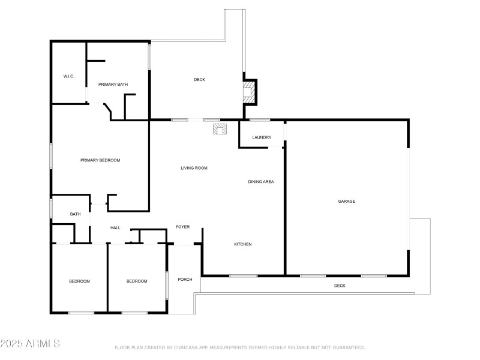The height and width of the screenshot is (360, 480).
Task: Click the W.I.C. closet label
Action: coord(68,76)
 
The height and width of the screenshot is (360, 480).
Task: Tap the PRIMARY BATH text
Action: coord(113,85)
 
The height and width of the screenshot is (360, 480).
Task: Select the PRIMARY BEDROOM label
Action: coord(100,160)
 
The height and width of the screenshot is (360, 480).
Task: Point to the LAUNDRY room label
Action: coord(262,137)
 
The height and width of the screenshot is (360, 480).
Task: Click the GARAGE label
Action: coord(346,201)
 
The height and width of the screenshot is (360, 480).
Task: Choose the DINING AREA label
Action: coord(261,181)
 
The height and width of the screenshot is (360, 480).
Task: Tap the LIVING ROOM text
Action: coord(194,168)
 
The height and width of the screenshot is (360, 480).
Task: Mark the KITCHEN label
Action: coord(242,244)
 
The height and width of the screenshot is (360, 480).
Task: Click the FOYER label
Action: coord(182,227)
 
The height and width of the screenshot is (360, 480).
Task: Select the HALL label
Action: coord(115,228)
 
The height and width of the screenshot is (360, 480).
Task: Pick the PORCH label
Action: coord(185,280)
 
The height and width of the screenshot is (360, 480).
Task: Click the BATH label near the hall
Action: coord(75,214)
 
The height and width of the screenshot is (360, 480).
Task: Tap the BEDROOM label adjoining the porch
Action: coord(137,281)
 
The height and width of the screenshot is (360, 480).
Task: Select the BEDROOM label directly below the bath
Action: coord(79,281)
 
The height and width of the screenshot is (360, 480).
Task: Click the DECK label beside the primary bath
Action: coord(199,80)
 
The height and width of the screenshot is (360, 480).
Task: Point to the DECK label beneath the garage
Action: coord(340,286)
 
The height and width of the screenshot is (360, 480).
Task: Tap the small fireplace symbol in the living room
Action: coord(219,128)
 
